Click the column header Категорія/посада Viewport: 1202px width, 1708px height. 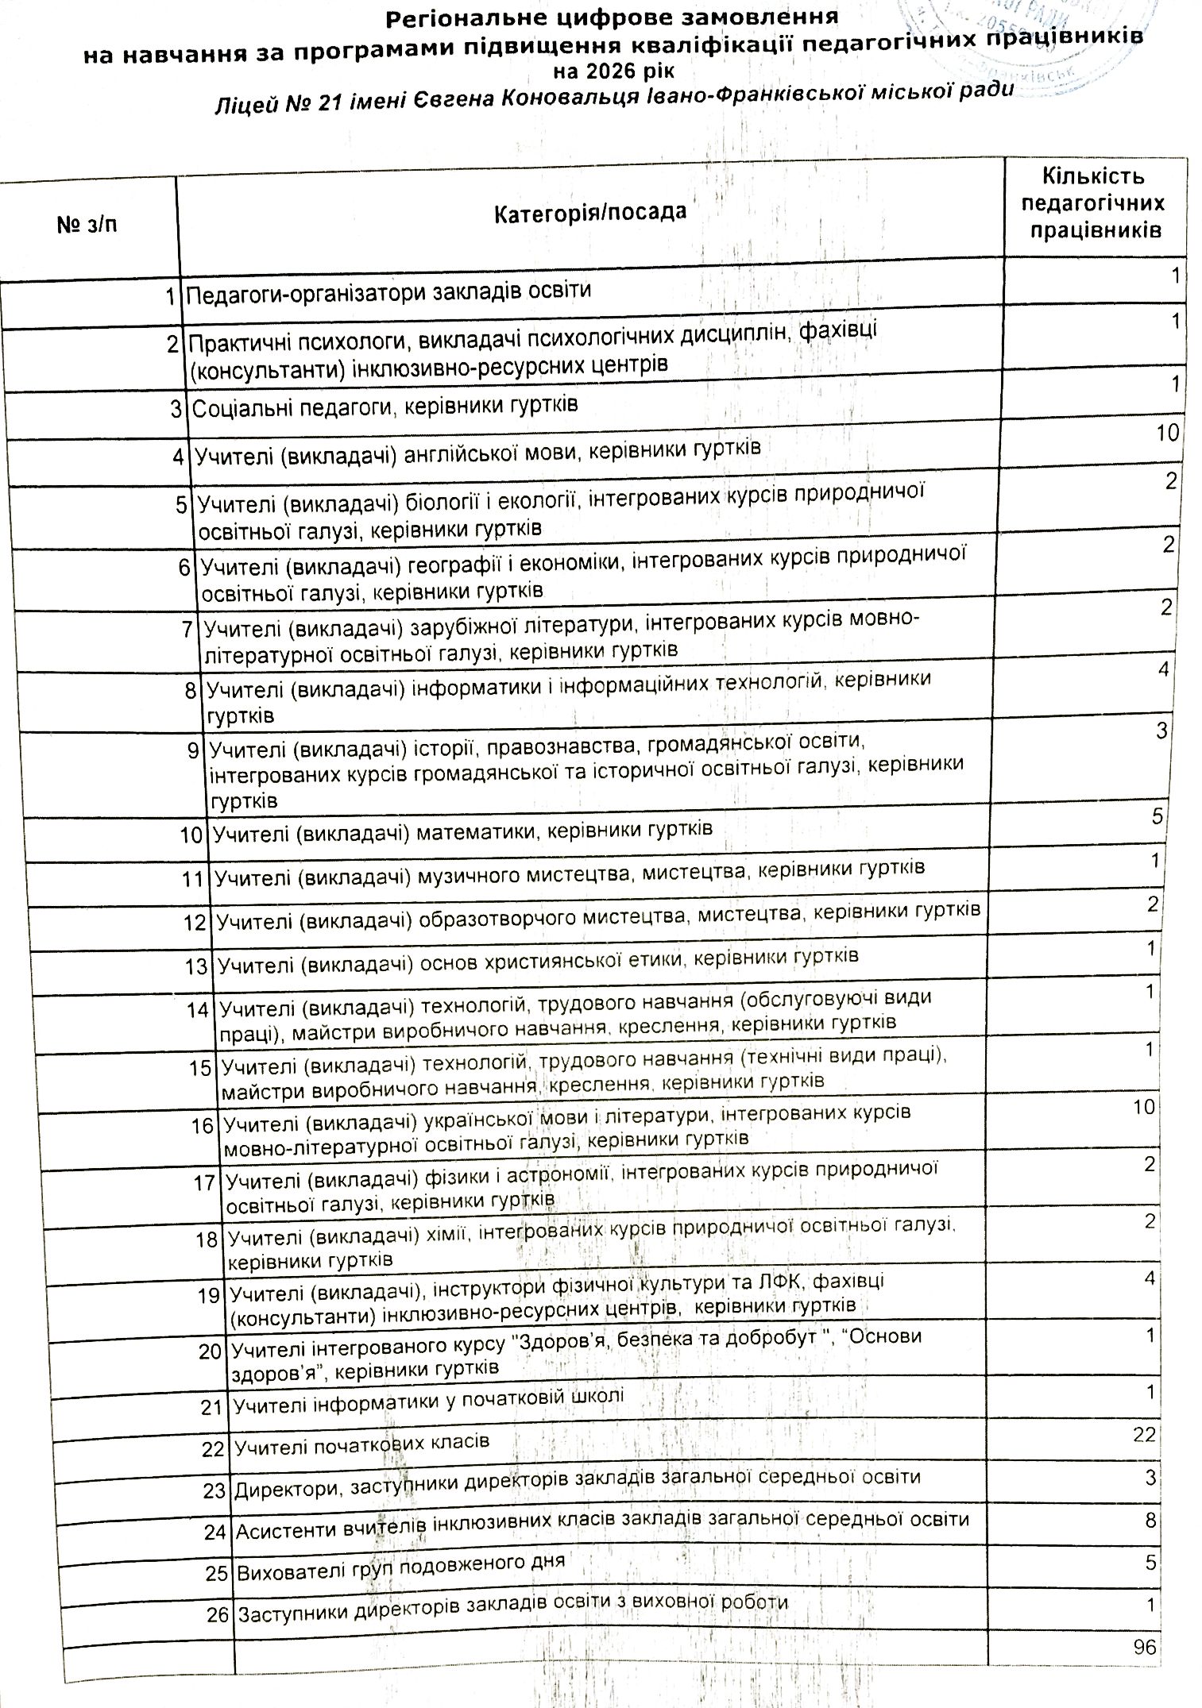[589, 213]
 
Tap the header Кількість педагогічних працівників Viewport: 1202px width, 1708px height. [1093, 203]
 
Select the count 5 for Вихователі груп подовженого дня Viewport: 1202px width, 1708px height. [1150, 1561]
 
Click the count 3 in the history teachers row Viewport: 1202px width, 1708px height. [1161, 731]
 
